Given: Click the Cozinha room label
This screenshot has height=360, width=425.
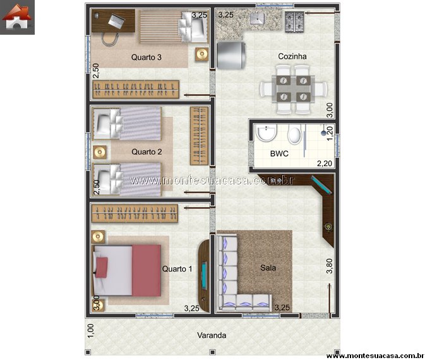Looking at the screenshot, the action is [x=292, y=56].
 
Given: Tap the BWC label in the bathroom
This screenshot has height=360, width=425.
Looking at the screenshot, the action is [x=279, y=153].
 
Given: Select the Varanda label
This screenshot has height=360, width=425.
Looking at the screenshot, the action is [x=212, y=335].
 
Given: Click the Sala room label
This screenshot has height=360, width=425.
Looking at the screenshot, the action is [x=268, y=268].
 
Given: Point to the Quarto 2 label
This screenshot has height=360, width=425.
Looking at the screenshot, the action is [x=147, y=152].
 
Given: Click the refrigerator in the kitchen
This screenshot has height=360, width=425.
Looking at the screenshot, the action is [x=231, y=56].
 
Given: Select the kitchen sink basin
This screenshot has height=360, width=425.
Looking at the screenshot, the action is [x=257, y=18].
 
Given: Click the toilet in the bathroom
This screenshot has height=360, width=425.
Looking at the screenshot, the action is [x=295, y=135].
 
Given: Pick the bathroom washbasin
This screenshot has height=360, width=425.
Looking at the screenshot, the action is [x=266, y=133].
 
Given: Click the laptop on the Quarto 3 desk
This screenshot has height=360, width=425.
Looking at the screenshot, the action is [x=117, y=21].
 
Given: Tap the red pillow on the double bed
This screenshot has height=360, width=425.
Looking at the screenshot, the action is [x=102, y=268].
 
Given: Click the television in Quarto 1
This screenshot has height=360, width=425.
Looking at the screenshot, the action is [x=204, y=275].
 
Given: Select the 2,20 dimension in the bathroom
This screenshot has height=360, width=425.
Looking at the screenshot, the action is [x=325, y=164].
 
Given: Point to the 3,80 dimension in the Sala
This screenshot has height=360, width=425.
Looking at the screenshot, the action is [x=329, y=266].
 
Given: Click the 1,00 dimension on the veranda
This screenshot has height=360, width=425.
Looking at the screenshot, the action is [x=91, y=331].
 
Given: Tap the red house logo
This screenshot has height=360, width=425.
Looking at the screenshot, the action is [x=17, y=17].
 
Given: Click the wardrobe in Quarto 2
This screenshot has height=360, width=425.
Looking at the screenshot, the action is [x=199, y=136].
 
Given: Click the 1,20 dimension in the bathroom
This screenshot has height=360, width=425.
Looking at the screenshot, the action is [x=330, y=133].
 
